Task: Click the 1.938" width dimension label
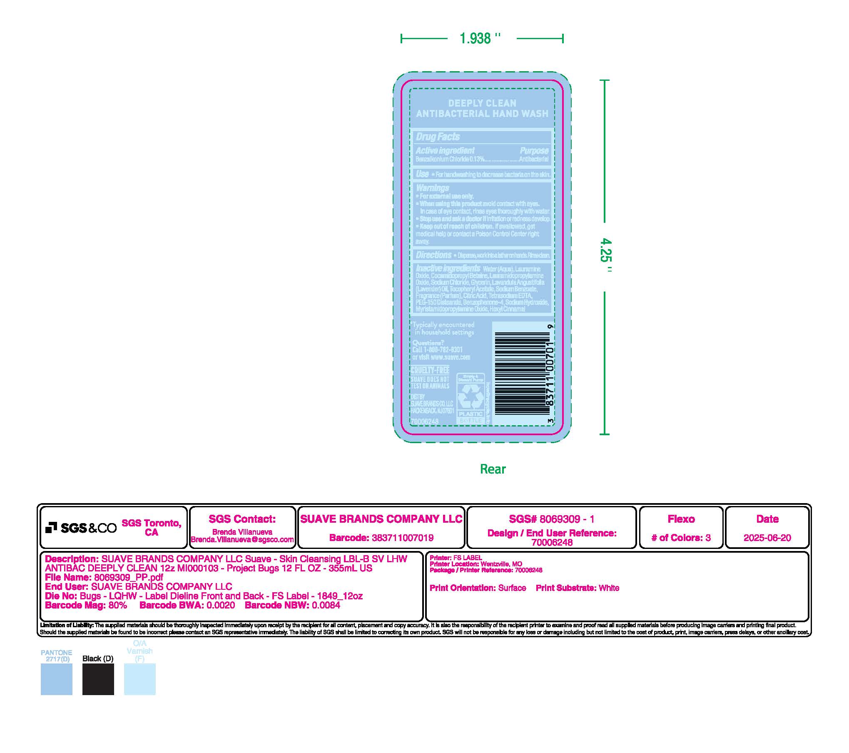480,39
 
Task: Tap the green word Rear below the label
493,469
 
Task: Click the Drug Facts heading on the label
438,137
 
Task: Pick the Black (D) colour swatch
98,679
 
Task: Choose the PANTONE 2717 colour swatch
56,679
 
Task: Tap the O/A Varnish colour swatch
139,679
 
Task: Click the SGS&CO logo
81,528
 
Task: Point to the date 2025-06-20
767,538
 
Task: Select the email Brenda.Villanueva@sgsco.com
242,539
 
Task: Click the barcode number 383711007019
402,538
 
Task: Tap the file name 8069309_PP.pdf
129,577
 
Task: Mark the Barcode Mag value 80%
117,605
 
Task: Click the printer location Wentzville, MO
501,564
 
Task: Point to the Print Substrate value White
609,588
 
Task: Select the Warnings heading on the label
432,188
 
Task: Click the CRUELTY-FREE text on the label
430,370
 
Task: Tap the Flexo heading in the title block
681,519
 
